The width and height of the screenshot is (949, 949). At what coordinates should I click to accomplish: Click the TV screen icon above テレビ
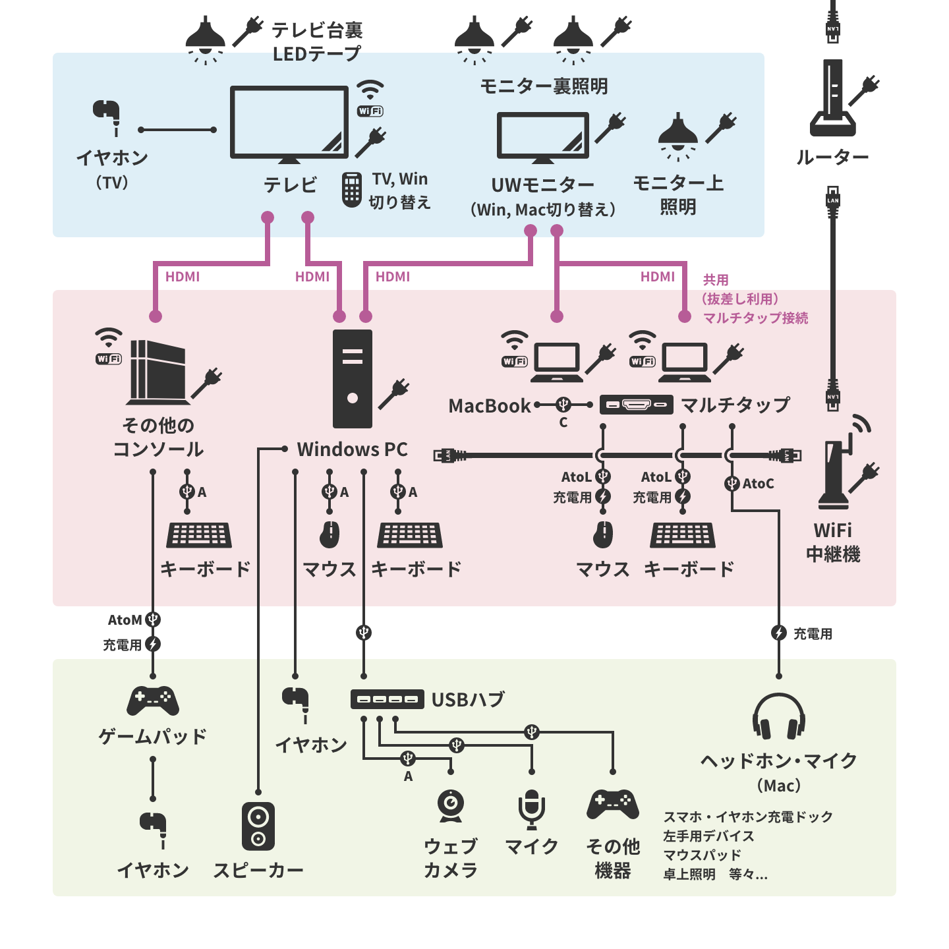289,123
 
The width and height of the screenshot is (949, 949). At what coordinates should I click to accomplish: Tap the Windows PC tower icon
353,379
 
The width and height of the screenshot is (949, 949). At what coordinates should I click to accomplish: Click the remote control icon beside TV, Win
352,190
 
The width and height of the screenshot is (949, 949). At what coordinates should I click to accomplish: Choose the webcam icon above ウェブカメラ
451,805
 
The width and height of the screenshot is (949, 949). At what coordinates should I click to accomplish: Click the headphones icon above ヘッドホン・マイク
778,716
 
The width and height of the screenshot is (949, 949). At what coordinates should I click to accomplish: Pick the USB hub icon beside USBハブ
387,699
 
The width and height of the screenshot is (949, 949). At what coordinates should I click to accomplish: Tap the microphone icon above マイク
531,809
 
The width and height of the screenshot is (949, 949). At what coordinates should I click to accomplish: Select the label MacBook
489,406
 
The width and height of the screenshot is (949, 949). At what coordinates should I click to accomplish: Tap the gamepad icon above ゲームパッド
153,701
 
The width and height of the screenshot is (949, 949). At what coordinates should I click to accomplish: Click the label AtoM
125,620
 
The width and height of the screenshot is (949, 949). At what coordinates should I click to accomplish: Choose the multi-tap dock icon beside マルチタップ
636,405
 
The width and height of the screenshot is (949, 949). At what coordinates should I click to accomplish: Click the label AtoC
758,484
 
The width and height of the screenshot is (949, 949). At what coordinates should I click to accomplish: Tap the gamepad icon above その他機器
613,804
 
